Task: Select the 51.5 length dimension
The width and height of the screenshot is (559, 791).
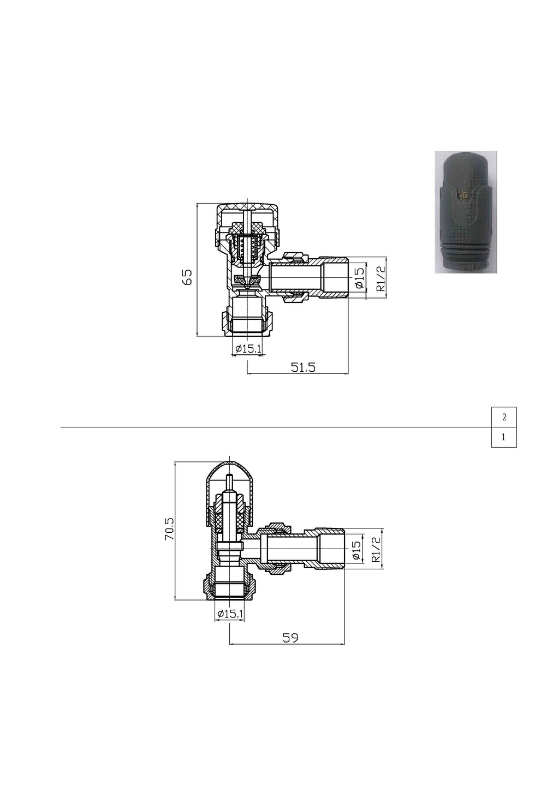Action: point(303,367)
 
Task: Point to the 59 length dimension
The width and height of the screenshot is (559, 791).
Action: point(290,638)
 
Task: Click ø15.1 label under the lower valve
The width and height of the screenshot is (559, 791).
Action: point(229,614)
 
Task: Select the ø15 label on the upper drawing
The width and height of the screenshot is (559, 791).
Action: point(359,278)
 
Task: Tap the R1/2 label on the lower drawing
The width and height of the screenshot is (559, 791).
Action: point(376,550)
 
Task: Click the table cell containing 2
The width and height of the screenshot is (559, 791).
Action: point(503,417)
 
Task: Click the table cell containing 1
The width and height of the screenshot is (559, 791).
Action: point(503,437)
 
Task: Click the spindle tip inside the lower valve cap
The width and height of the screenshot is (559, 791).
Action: point(230,481)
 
